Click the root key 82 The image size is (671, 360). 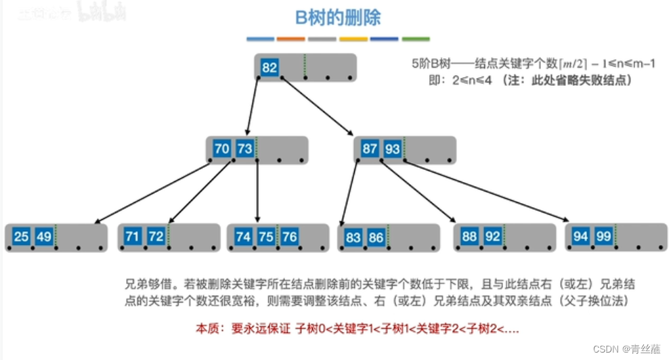click(x=270, y=67)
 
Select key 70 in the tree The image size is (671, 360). click(x=222, y=148)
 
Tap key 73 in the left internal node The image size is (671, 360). click(x=244, y=148)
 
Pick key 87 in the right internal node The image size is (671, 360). click(x=370, y=148)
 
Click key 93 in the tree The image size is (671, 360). click(x=392, y=148)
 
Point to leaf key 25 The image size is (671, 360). click(x=22, y=236)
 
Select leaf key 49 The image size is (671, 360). click(x=44, y=236)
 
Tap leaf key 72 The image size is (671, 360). click(x=156, y=236)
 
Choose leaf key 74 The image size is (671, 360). click(x=243, y=236)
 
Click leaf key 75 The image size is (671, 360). click(x=266, y=236)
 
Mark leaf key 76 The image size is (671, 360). click(x=289, y=236)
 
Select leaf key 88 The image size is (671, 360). click(x=469, y=236)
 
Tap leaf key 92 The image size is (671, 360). click(x=492, y=236)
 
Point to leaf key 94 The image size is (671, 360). click(x=580, y=236)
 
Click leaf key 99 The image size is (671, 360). click(x=603, y=236)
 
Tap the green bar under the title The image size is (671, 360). click(x=416, y=39)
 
